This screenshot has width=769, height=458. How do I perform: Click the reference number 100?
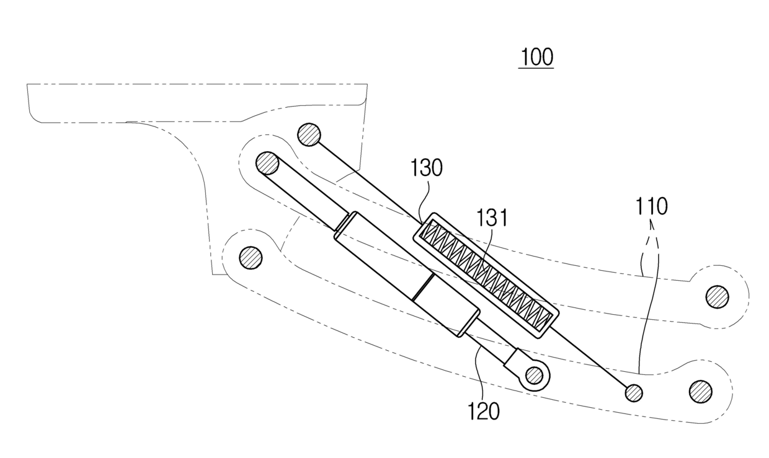536,58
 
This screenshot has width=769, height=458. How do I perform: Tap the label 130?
427,169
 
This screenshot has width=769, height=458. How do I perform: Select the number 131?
492,218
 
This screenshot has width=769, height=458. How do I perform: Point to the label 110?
651,207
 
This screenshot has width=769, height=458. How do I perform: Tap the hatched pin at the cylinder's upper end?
267,163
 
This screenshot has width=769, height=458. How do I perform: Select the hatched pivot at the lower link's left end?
251,257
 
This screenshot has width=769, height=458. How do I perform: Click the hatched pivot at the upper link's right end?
717,296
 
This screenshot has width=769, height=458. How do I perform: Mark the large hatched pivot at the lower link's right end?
700,391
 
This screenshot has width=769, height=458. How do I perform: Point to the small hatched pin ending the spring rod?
633,392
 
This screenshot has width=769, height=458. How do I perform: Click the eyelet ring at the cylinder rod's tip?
534,375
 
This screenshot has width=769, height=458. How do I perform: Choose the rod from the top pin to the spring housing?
366,180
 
